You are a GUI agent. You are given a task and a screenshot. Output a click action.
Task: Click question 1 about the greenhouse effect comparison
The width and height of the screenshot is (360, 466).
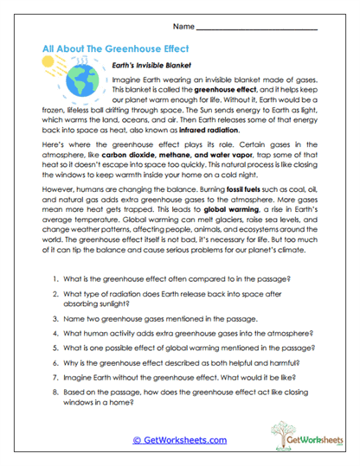[175, 305]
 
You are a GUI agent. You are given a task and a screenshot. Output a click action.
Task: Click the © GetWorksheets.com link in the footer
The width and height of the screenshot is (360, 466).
[179, 440]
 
